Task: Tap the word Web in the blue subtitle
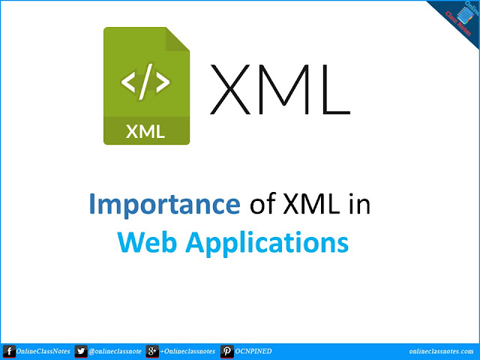coord(147,242)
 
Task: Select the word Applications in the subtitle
coord(267,244)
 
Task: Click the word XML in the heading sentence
coord(311,203)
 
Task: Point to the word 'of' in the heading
coord(263,203)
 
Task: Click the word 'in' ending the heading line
coord(360,203)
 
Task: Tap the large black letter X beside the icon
coord(230,89)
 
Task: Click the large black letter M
coord(284,89)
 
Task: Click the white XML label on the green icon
coord(145,132)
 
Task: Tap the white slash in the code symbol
coord(145,82)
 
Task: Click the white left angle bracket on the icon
coord(128,82)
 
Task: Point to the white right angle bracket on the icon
coord(163,82)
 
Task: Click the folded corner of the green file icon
coord(176,40)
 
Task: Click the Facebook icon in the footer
coord(9,351)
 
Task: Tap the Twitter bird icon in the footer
coord(81,351)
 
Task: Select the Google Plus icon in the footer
coord(152,351)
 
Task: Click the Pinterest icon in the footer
coord(226,351)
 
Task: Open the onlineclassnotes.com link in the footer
coord(441,352)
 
